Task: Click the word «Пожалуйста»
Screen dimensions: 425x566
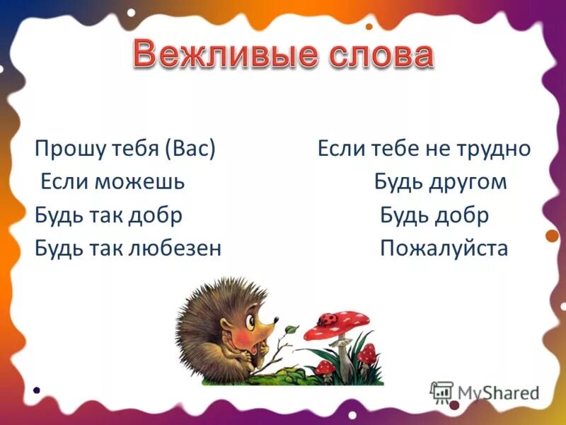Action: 444,249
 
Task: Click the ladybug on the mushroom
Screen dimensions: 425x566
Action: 329,319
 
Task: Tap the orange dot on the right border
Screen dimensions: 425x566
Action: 552,236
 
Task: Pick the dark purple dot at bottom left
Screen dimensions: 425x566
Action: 36,390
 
